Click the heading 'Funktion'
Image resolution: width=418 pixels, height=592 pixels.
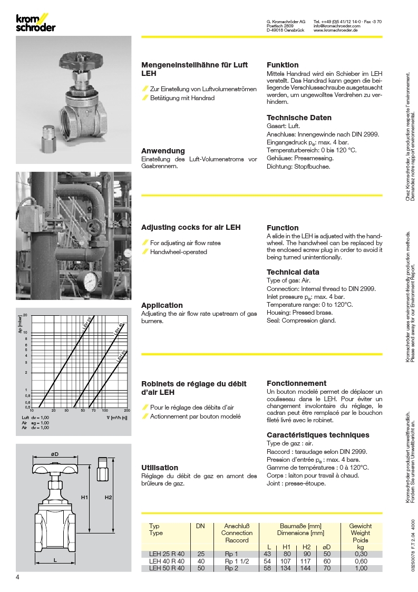pos(283,65)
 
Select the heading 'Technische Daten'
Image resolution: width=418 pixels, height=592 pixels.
pos(299,118)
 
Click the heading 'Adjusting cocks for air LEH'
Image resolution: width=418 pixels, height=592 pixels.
pos(191,227)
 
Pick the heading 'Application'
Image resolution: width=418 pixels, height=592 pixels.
pos(162,305)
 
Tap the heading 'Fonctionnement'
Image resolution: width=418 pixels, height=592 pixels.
pos(296,383)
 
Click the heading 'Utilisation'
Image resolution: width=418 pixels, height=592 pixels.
pos(160,468)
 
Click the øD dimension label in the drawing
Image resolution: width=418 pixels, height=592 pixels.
pos(54,454)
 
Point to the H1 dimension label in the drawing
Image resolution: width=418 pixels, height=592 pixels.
pos(84,497)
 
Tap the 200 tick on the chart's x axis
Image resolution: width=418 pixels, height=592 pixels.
pos(127,410)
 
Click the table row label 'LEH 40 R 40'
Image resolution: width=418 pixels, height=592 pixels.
pos(165,561)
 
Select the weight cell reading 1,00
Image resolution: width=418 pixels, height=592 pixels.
pos(361,568)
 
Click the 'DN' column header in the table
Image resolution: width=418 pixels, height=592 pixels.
pos(200,526)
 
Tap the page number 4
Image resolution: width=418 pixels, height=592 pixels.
pos(18,577)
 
